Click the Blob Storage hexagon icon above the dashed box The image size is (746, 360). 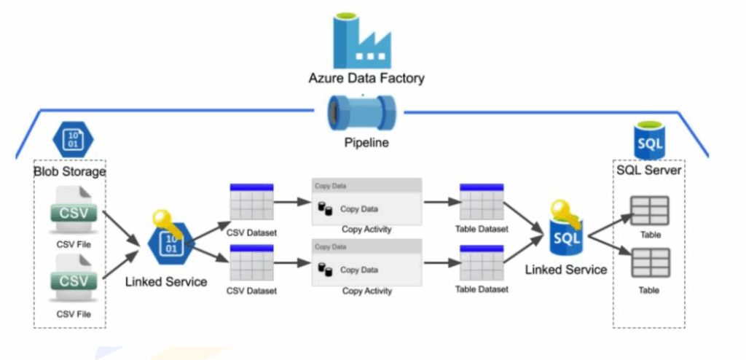coord(73,139)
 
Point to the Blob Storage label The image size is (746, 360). coord(70,171)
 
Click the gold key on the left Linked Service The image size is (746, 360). coord(161,221)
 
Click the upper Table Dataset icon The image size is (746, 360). coord(482,201)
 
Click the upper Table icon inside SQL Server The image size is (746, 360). coord(649,211)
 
